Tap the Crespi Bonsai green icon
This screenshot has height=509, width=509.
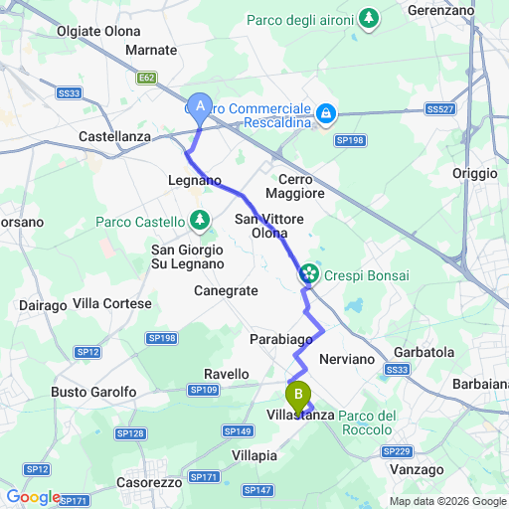(x=308, y=271)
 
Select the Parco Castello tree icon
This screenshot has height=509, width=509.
(x=201, y=220)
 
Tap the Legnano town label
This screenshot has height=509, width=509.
(x=194, y=180)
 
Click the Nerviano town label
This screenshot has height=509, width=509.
(x=346, y=357)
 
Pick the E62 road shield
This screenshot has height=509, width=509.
(x=146, y=75)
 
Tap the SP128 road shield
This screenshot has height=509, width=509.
(x=129, y=433)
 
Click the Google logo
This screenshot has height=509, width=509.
(x=33, y=497)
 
